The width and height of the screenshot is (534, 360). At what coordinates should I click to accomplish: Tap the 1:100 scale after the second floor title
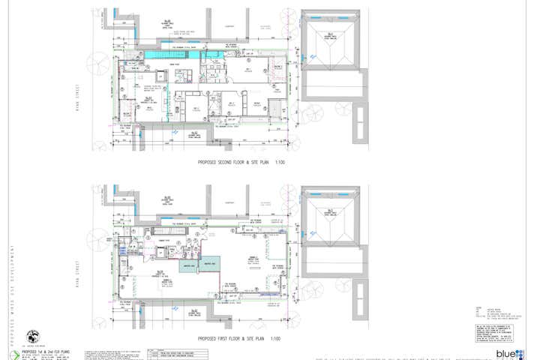coord(278,162)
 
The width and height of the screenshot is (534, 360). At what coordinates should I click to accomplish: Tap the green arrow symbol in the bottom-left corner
coord(12,352)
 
